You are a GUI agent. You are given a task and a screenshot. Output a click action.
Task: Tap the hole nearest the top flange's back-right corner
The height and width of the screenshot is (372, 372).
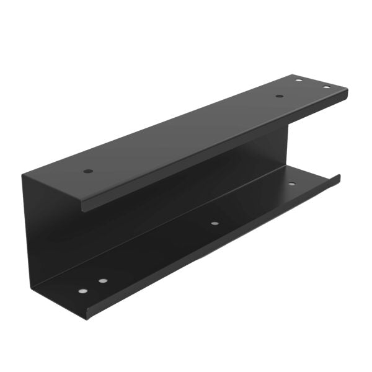pyautogui.click(x=298, y=80)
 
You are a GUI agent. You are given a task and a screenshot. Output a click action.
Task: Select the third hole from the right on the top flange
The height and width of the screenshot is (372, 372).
pyautogui.click(x=279, y=96)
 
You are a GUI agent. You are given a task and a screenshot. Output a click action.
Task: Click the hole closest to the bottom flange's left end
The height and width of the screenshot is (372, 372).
pyautogui.click(x=82, y=290)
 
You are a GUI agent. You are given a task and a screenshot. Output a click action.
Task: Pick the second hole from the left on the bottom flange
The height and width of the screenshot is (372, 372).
pyautogui.click(x=102, y=280)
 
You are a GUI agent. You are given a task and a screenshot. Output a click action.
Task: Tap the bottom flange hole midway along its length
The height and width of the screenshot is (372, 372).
pyautogui.click(x=214, y=223)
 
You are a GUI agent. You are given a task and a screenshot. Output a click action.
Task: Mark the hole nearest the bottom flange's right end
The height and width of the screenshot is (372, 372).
pyautogui.click(x=291, y=184)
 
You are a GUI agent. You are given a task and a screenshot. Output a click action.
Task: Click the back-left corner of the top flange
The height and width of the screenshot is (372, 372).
pyautogui.click(x=24, y=174)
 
